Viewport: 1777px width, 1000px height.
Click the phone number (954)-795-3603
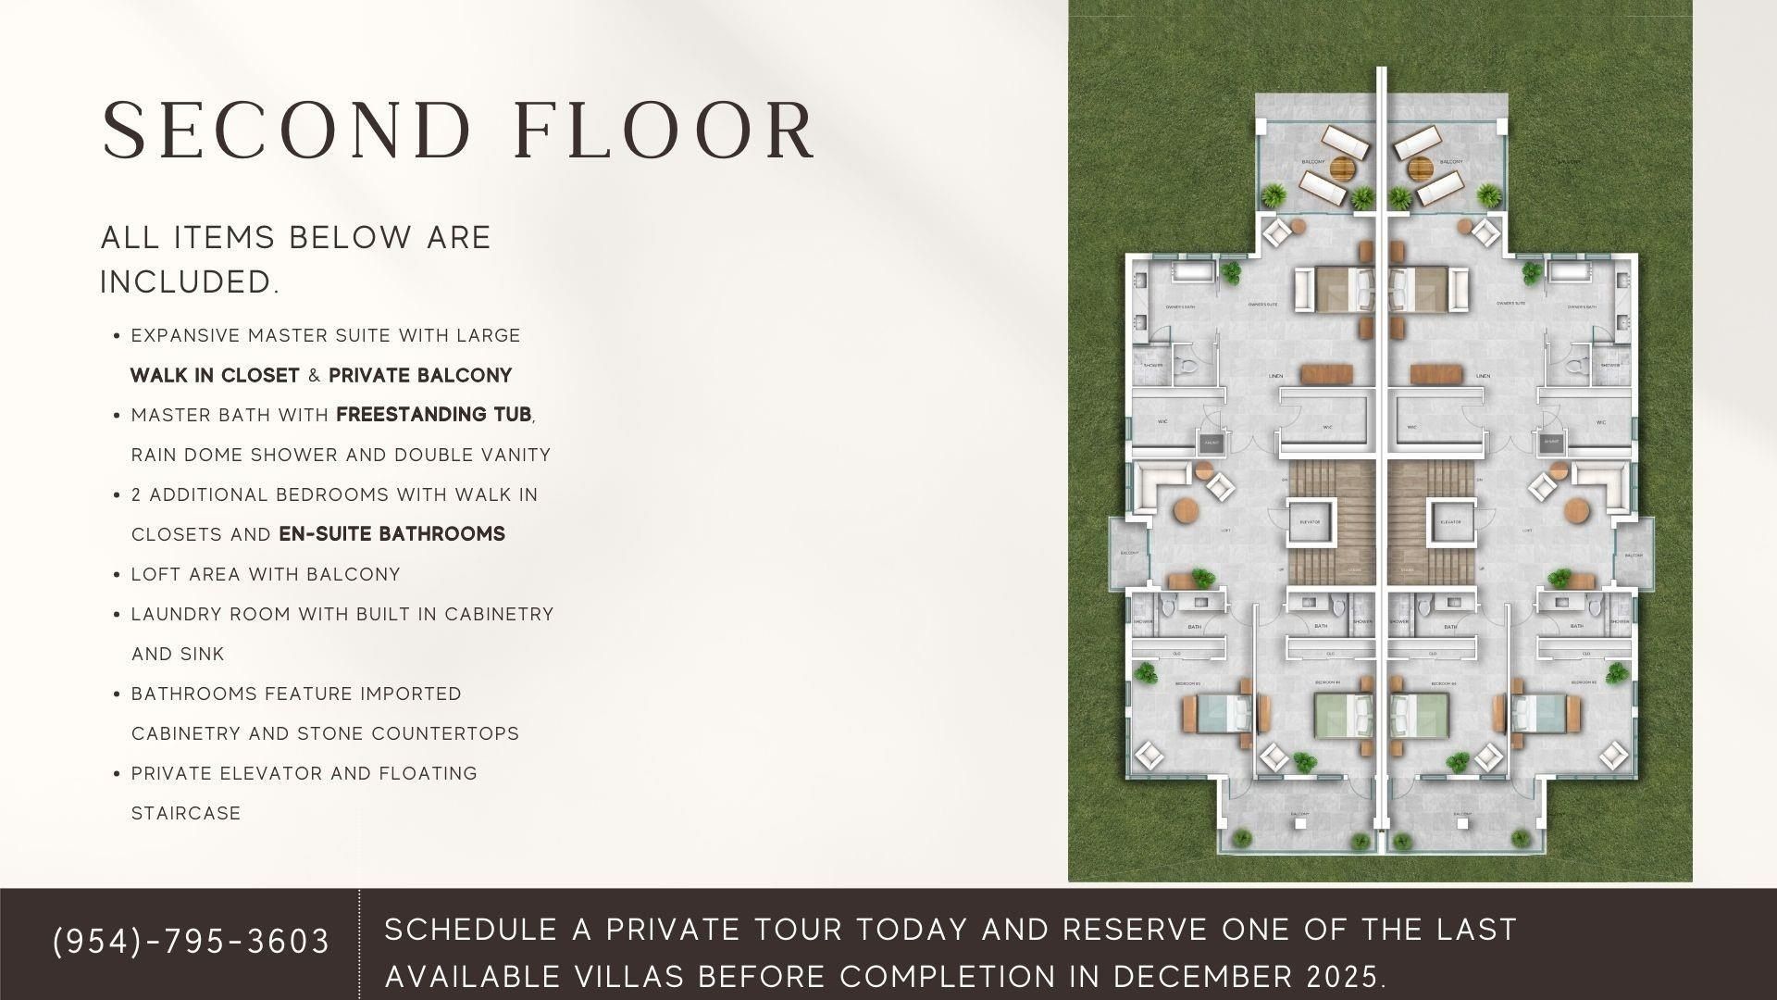tap(192, 941)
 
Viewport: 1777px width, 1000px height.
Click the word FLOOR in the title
tap(665, 131)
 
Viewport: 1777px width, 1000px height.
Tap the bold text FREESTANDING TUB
tap(434, 415)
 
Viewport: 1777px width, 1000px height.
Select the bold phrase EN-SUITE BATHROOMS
tap(391, 534)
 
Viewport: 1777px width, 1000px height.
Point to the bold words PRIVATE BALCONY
tap(420, 376)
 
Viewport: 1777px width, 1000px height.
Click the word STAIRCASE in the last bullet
tap(186, 814)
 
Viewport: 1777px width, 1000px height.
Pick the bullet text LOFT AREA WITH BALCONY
tap(266, 575)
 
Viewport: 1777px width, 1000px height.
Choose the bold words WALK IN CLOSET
tap(215, 376)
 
